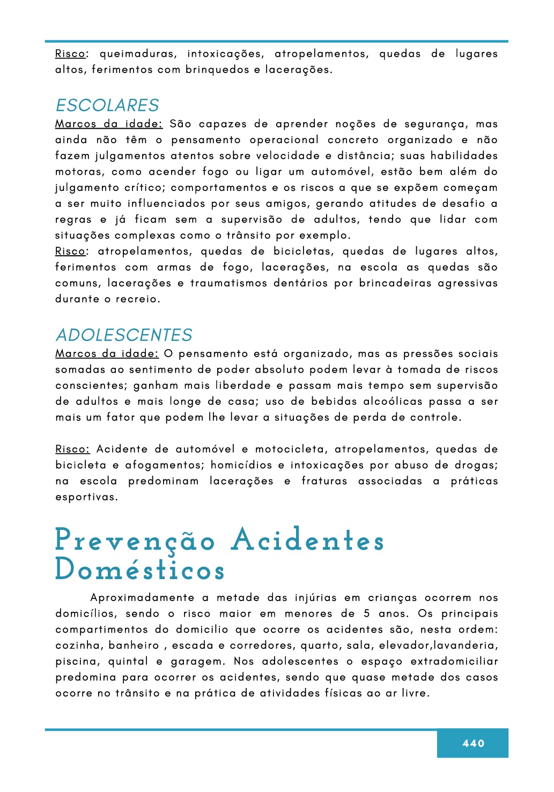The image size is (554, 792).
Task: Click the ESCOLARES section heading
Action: point(107,105)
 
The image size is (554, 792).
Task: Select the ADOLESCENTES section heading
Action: point(124,335)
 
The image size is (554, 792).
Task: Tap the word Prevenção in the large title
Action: point(135,541)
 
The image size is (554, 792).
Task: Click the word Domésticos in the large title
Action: point(139,570)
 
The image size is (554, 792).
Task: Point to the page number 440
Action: point(473,743)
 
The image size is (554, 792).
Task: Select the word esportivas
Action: point(86,497)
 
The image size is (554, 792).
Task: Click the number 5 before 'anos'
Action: point(367,614)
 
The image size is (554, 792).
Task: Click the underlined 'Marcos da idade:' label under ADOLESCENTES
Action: point(107,354)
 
